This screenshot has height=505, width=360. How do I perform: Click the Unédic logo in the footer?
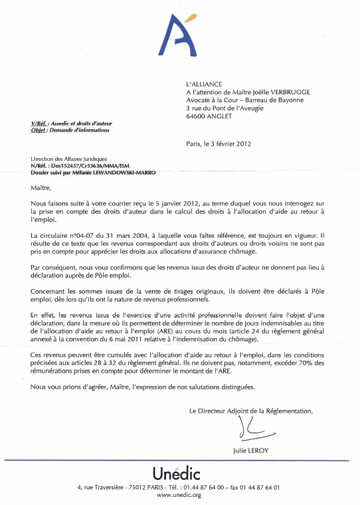(x=179, y=474)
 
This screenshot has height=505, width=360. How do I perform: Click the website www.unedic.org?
(x=179, y=495)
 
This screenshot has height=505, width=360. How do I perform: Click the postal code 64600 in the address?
(x=197, y=116)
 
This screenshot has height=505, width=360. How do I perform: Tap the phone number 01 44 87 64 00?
(x=197, y=487)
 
